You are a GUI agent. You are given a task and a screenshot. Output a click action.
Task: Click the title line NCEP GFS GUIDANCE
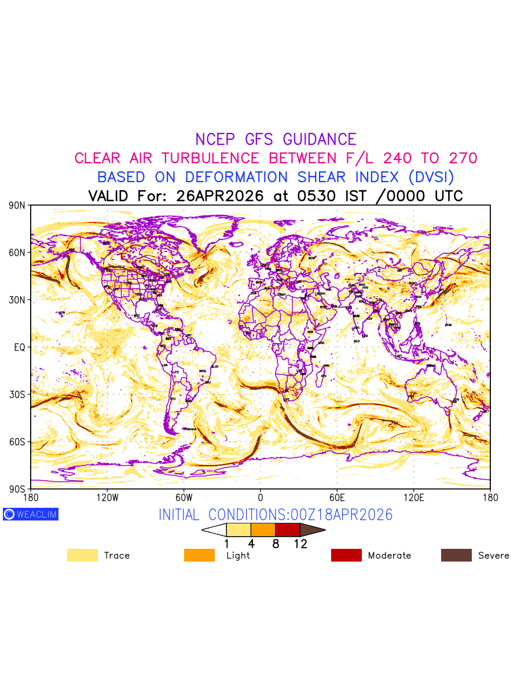tap(276, 139)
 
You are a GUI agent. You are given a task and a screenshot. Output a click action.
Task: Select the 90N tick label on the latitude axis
tap(17, 205)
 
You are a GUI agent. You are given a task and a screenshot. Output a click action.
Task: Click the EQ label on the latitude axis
tap(19, 347)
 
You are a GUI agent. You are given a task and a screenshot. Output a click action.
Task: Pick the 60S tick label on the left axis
tap(17, 442)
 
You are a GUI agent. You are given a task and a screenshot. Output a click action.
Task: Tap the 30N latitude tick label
tap(17, 300)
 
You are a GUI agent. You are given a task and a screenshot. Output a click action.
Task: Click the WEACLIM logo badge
tap(31, 514)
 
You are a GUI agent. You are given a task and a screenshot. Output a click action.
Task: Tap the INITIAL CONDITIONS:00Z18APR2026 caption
tap(276, 515)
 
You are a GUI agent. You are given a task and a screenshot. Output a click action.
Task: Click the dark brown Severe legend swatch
tap(456, 555)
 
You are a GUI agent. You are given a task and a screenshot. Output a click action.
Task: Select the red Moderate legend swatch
tap(346, 555)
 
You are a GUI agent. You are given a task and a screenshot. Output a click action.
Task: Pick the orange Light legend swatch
tap(199, 555)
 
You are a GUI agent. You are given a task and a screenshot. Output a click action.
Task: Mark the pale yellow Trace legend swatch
tap(82, 555)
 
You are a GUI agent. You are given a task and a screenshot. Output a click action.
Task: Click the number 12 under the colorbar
tap(300, 544)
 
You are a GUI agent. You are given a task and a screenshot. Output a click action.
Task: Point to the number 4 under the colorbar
tap(251, 544)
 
